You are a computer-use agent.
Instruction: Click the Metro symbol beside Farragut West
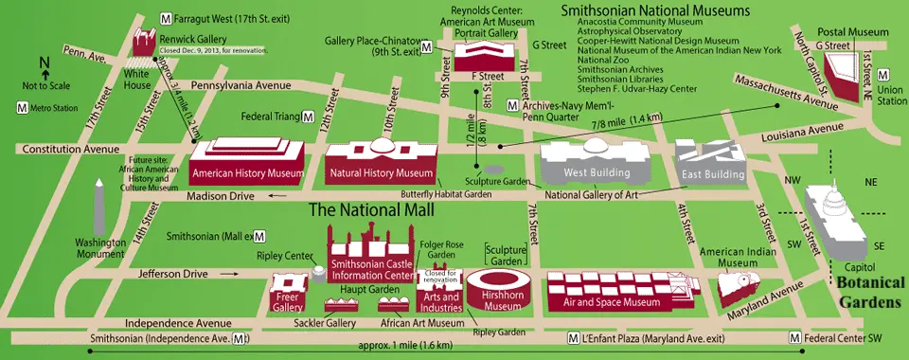point(167,17)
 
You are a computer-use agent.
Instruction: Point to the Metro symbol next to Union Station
point(882,74)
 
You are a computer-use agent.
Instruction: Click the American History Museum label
point(247,174)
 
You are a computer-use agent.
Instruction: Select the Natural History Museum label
point(381,174)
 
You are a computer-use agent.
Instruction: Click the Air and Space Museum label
point(611,302)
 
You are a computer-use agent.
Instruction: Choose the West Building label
point(597,174)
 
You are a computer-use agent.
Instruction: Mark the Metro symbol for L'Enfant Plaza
point(573,338)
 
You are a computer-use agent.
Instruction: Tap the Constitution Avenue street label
point(66,150)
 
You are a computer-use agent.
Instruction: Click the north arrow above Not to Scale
point(44,64)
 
